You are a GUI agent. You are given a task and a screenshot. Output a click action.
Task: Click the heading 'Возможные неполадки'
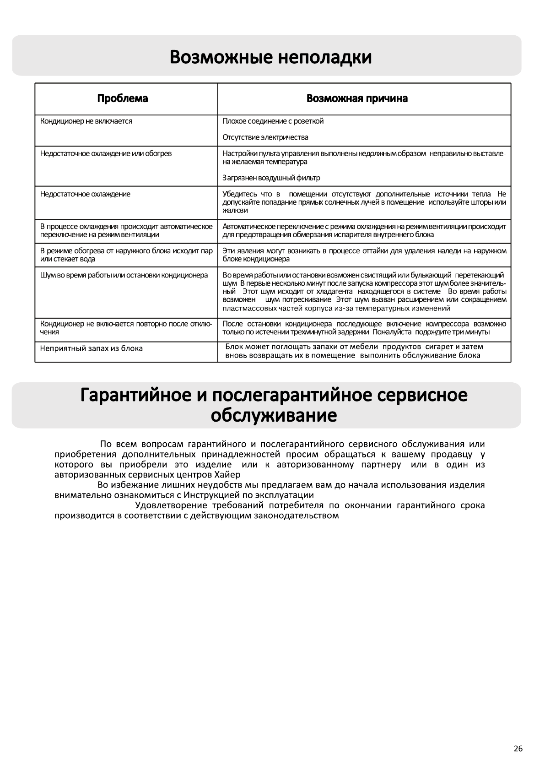coord(270,58)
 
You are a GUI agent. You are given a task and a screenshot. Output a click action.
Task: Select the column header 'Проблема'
coord(123,98)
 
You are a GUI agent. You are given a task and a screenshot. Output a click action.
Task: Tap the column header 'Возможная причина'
coord(357,98)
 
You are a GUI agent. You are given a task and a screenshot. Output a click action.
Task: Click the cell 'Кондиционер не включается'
coord(86,121)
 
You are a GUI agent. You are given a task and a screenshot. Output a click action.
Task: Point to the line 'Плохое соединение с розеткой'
coord(273,121)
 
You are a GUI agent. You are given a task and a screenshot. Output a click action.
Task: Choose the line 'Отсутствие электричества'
coord(265,137)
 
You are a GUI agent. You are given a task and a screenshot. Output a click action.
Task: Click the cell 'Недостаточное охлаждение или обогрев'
coord(106,153)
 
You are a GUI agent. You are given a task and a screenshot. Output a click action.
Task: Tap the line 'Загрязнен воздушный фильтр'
coord(271,178)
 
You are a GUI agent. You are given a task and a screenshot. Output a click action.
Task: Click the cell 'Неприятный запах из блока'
coord(91,348)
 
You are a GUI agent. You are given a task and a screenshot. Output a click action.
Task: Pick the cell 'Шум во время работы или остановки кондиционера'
coord(124,275)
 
